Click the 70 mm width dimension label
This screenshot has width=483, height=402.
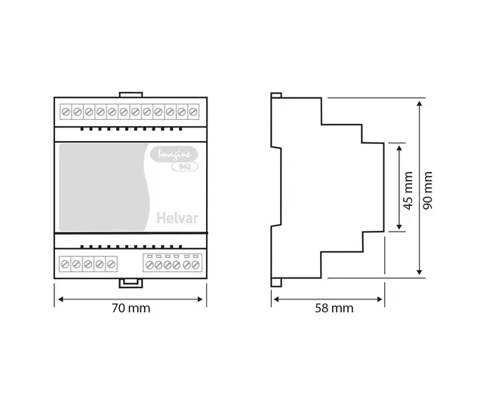[x=130, y=308]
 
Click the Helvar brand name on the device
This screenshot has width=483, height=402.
[x=176, y=219]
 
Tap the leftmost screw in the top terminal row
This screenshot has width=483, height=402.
[x=66, y=112]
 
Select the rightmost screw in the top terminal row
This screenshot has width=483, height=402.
[x=194, y=112]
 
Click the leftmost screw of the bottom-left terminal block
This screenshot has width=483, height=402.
[x=66, y=264]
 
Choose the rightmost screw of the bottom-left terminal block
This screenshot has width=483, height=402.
[x=112, y=264]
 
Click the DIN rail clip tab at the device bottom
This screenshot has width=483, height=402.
[x=131, y=284]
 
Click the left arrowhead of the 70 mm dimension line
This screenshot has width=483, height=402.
[x=58, y=299]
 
